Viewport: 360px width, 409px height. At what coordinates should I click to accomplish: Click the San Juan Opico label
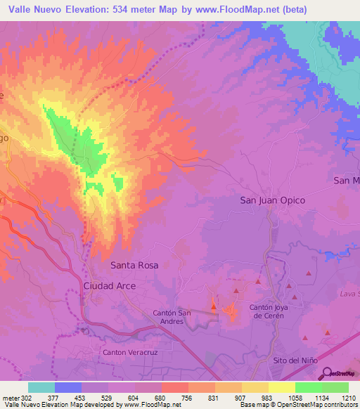[273, 200]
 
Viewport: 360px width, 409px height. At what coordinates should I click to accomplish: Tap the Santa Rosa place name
[135, 266]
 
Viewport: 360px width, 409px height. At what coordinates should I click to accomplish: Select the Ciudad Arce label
[110, 286]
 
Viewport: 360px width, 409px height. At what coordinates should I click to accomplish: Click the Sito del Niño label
[295, 360]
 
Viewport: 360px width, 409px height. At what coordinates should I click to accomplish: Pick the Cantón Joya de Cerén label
[278, 311]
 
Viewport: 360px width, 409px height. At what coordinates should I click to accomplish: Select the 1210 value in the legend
[349, 398]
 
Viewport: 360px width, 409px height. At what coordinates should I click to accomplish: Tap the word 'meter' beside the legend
[11, 398]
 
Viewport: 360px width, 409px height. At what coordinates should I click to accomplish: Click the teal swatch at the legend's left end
[41, 387]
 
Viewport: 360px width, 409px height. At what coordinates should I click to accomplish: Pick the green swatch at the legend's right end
[335, 387]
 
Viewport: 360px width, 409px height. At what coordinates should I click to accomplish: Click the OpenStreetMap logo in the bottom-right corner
[341, 374]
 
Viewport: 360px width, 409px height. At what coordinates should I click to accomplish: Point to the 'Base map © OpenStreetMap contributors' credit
[299, 405]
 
